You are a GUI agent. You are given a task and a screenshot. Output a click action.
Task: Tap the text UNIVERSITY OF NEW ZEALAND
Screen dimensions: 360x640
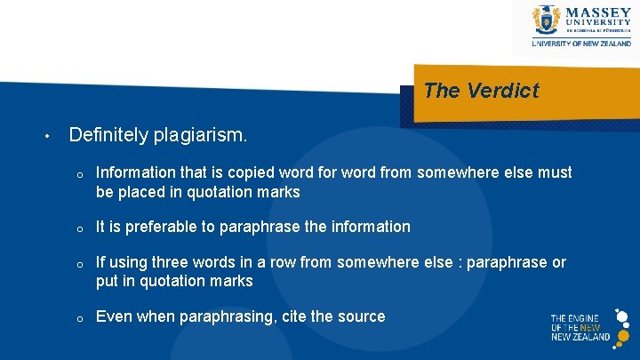581,43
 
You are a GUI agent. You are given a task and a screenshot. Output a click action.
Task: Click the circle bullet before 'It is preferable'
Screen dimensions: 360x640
79,228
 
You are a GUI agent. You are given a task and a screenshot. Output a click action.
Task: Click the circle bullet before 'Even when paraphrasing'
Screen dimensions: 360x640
79,318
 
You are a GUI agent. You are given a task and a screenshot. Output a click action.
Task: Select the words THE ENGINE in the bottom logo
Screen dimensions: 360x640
574,318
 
